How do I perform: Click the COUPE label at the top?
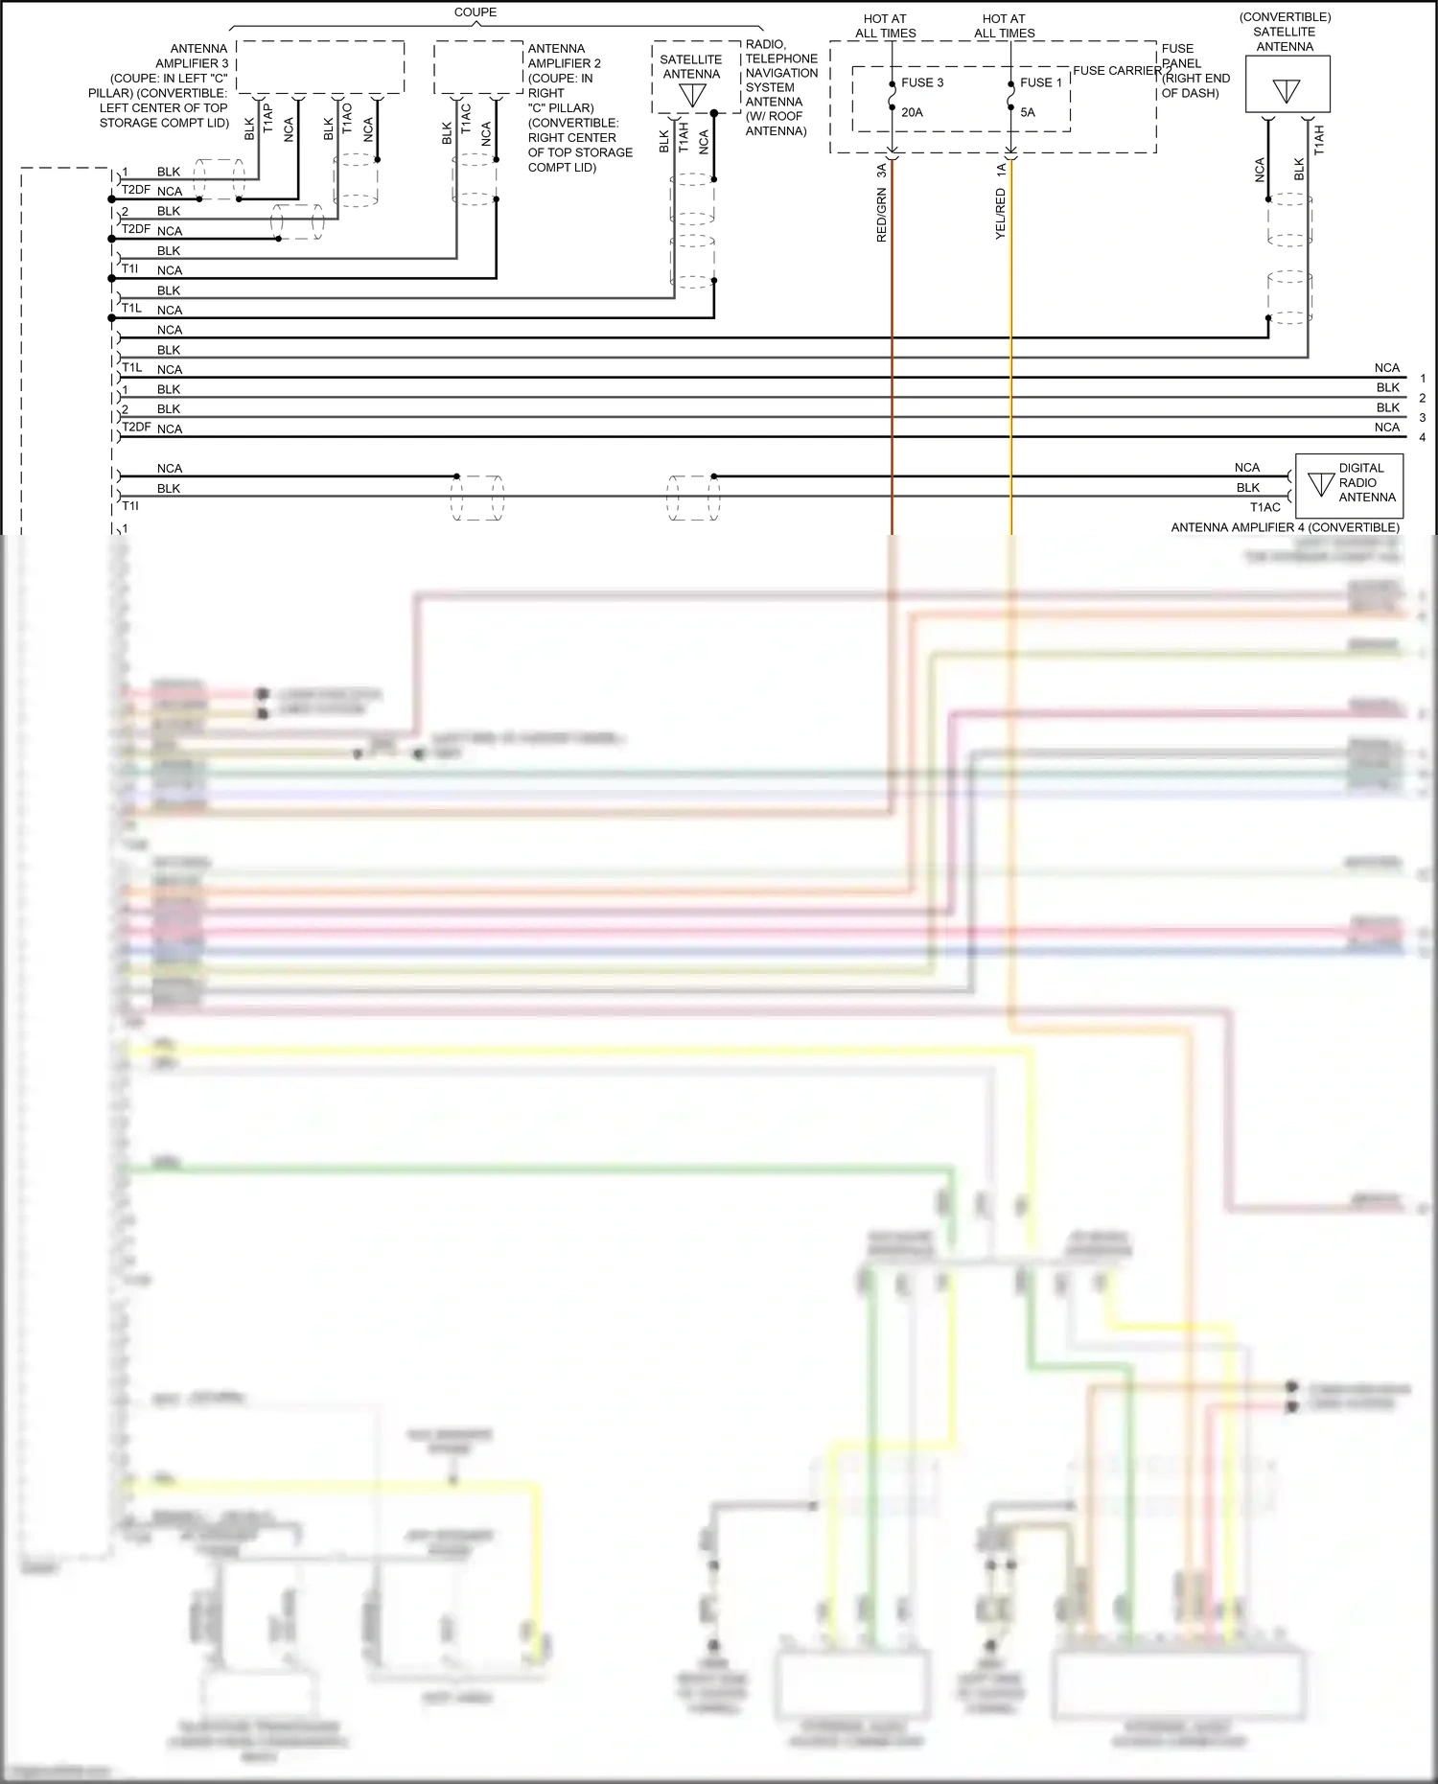[x=475, y=12]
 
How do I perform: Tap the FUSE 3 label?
[x=922, y=82]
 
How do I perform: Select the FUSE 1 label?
[x=1040, y=82]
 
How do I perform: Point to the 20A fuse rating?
[x=912, y=112]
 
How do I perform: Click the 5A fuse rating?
[x=1028, y=112]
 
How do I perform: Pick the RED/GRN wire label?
[x=881, y=215]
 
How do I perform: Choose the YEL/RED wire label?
[x=1000, y=214]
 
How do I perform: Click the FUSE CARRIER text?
[x=1117, y=71]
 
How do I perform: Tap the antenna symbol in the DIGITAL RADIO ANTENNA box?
[x=1321, y=484]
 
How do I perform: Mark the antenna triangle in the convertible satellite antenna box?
[x=1286, y=91]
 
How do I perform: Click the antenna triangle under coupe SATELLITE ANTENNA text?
[x=692, y=95]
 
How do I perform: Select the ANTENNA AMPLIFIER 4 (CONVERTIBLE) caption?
[x=1285, y=527]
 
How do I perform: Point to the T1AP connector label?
[x=268, y=118]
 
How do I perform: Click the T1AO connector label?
[x=347, y=118]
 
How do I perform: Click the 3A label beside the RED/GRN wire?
[x=881, y=171]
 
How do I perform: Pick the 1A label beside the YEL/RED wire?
[x=1000, y=170]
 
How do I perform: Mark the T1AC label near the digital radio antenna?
[x=1264, y=507]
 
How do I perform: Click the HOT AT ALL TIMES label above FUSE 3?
[x=885, y=26]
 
